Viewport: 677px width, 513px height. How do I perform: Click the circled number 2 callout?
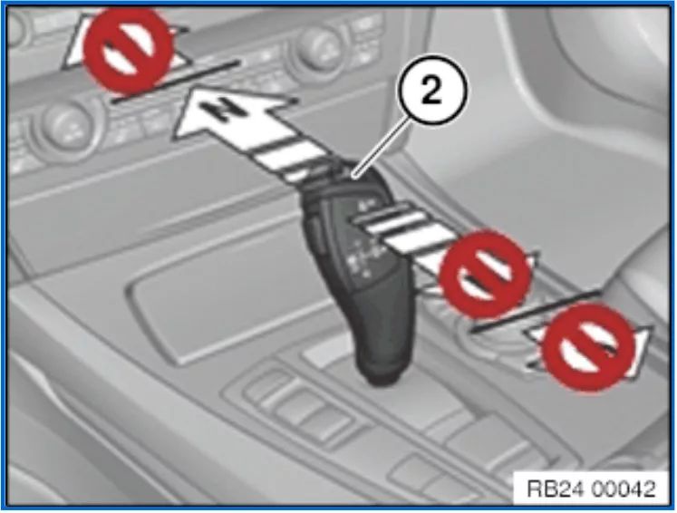pos(431,91)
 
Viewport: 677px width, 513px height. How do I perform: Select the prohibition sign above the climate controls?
pos(127,51)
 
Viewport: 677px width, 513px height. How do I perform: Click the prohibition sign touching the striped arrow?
pos(485,274)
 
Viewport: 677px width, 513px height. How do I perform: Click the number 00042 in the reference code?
pos(624,489)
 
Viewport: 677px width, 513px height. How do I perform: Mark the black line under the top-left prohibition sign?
pos(175,82)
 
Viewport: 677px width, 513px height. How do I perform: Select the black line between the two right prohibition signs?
pos(536,311)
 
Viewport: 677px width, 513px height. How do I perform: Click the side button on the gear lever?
pos(316,229)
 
